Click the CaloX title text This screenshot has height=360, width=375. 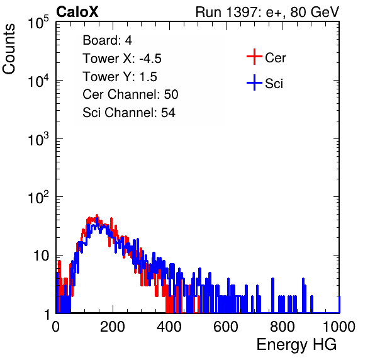[77, 12]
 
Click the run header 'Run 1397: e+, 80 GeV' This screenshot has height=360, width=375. [267, 12]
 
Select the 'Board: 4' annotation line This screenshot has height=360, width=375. [108, 40]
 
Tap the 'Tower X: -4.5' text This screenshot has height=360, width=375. [122, 59]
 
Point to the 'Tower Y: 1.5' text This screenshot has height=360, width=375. [120, 77]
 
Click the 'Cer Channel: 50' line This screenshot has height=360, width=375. [130, 94]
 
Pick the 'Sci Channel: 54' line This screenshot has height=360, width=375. [129, 113]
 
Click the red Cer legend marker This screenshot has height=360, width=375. [254, 57]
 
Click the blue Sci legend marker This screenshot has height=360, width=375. [254, 82]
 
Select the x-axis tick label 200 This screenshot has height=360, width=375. [113, 327]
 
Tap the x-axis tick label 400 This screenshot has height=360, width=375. [169, 327]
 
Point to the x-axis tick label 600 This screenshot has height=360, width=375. [226, 327]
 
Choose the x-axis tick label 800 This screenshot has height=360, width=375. [283, 327]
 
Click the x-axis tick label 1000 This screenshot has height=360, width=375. [339, 327]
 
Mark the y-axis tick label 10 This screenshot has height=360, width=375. [41, 256]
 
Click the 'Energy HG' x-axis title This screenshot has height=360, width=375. [297, 345]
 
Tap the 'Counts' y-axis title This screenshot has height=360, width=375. [9, 49]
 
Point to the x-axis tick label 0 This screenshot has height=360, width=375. [56, 327]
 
